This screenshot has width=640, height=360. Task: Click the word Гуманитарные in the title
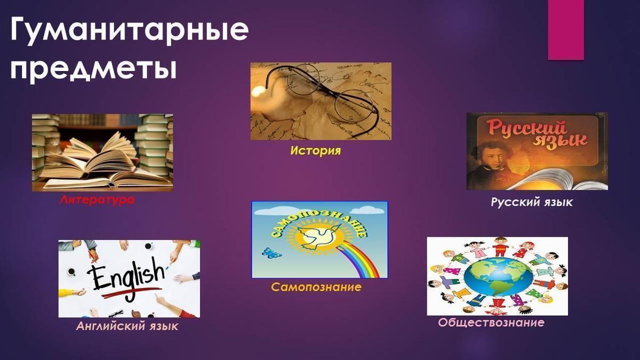[x=130, y=30]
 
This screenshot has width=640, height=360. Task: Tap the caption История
[x=316, y=150]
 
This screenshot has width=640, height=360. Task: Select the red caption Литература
[x=97, y=199]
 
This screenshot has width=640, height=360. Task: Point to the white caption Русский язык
[x=532, y=202]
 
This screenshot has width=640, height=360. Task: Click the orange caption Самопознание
[x=316, y=287]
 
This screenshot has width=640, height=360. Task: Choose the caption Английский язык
[x=127, y=326]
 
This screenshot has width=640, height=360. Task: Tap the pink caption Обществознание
[x=491, y=323]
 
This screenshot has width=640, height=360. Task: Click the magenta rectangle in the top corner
[x=566, y=30]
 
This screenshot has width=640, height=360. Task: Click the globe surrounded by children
[x=498, y=277]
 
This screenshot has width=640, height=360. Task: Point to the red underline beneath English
[x=130, y=293]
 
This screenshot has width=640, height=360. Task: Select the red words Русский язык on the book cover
[x=534, y=135]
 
